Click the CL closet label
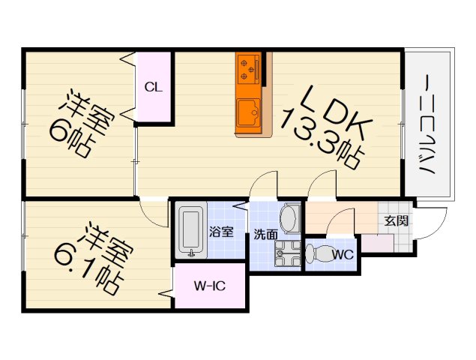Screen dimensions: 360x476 coord(153,87)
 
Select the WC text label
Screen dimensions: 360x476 coord(343,254)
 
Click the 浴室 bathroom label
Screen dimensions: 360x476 coord(221,232)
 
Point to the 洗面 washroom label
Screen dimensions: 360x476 coord(265,232)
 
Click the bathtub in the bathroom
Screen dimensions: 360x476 coord(190,231)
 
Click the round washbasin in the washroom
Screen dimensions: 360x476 coord(289,218)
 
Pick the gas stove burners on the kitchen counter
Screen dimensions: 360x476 coord(248,68)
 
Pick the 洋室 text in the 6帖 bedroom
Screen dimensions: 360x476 coord(84,106)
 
